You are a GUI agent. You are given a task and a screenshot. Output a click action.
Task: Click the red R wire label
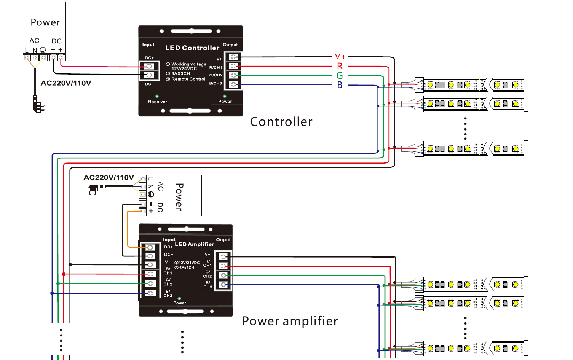(x=340, y=66)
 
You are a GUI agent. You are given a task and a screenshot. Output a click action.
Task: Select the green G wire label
(x=340, y=76)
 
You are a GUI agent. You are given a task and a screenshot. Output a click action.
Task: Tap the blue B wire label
(x=340, y=85)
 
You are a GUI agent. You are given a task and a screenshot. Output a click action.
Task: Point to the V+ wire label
(x=340, y=56)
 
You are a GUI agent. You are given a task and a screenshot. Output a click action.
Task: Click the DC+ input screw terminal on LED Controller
(x=149, y=67)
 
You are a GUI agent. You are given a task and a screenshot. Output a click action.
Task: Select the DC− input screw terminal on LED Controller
(x=149, y=75)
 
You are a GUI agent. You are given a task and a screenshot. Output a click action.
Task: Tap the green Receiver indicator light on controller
(x=157, y=96)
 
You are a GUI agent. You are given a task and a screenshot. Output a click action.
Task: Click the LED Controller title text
(x=192, y=48)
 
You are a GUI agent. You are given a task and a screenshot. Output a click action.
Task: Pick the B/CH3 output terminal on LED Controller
(x=233, y=84)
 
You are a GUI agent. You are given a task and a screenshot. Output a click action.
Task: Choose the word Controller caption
(x=281, y=122)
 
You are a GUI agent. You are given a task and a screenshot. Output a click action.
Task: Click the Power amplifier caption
(x=290, y=321)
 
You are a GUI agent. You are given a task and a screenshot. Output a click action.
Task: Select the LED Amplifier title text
(x=195, y=244)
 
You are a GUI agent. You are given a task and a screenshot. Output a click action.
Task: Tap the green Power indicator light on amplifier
(x=179, y=298)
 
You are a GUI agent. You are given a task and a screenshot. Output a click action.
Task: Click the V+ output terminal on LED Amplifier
(x=223, y=256)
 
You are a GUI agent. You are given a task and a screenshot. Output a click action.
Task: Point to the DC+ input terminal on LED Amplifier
(x=150, y=247)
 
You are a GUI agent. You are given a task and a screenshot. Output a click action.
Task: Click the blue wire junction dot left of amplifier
(x=52, y=293)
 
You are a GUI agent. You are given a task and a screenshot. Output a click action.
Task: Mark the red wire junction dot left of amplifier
(x=64, y=274)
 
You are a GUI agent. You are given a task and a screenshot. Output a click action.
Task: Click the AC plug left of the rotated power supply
(x=96, y=189)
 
